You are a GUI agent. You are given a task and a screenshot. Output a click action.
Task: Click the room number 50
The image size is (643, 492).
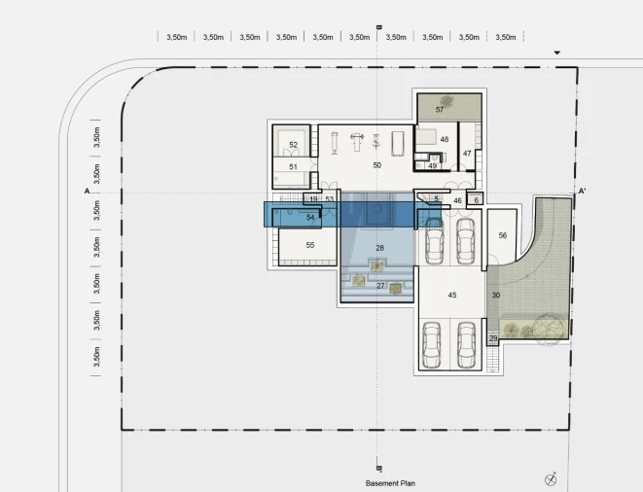click(376, 165)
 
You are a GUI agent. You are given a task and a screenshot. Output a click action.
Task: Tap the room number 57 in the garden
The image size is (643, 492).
click(440, 110)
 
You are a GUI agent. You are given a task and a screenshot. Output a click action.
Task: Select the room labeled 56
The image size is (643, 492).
click(503, 235)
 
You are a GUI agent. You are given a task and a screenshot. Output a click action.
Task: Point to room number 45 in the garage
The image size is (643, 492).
click(452, 295)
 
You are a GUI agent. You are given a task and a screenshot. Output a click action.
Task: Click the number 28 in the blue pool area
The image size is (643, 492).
click(379, 248)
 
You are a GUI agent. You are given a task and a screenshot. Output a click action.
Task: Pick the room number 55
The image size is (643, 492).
click(310, 245)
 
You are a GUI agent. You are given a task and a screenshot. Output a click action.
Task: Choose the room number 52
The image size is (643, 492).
click(293, 145)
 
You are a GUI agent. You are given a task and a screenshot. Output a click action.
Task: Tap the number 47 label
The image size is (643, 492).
click(467, 154)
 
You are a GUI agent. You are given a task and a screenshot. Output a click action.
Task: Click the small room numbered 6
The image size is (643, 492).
click(476, 200)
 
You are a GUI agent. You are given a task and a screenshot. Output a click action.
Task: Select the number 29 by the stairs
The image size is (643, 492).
click(493, 338)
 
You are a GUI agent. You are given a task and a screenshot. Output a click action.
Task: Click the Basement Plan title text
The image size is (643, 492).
click(390, 483)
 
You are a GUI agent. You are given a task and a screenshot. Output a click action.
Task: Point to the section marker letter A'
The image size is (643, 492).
click(582, 191)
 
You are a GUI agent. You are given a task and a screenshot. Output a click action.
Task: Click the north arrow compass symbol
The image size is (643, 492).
click(551, 479)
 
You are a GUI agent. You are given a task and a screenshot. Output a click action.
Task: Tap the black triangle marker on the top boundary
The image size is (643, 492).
click(556, 53)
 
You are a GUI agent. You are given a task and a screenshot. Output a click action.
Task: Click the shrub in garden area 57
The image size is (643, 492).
click(447, 101)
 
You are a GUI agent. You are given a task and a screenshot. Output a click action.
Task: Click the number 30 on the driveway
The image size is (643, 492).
click(496, 295)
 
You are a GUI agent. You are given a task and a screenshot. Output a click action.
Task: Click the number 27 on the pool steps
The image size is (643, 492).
click(380, 285)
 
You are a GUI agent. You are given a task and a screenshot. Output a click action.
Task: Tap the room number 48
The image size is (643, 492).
click(445, 139)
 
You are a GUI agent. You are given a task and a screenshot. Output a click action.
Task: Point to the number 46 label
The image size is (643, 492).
click(457, 200)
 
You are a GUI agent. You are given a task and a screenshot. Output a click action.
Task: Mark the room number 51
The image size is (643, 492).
click(293, 167)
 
